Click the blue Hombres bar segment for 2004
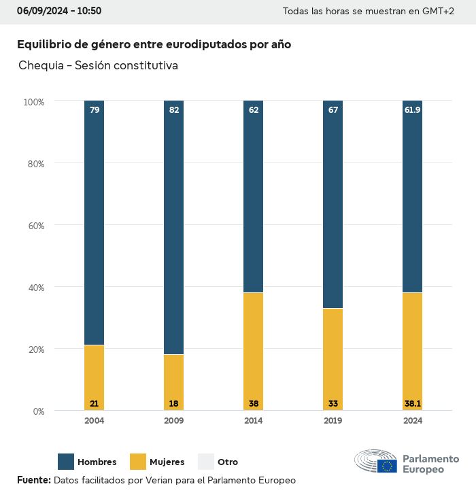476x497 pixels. coord(95,224)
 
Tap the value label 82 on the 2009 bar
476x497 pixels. coord(174,109)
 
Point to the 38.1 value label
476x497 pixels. coord(413,403)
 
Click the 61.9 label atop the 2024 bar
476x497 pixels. coord(413,109)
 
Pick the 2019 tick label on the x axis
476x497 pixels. coord(333,421)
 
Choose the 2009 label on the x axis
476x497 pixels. coord(174,421)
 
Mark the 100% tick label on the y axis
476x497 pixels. coord(33,102)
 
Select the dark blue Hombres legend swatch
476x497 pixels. coord(66,462)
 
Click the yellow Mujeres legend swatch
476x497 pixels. coord(138,462)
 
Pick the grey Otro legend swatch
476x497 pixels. coord(206,462)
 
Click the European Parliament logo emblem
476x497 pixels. coord(376,462)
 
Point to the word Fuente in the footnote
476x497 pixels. coord(33,481)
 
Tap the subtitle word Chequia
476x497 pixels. coord(41,66)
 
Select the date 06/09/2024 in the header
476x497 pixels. coord(40,11)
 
